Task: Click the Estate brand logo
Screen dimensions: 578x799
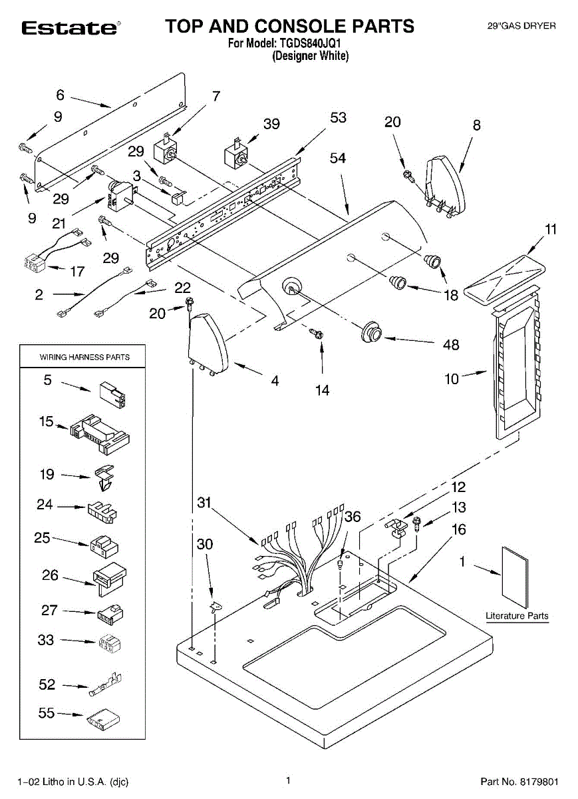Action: pos(71,28)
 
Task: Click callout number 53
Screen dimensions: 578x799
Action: pos(338,117)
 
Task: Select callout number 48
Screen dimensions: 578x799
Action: pos(450,344)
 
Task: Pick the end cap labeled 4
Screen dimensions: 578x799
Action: pos(208,344)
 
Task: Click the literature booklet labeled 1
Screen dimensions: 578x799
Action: pos(515,577)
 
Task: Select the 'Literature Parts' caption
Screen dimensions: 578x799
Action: pos(517,615)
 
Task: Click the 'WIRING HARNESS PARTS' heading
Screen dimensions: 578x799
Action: pos(84,357)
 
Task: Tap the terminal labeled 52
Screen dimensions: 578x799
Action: pos(105,684)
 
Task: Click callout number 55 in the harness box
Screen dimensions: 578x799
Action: pos(47,712)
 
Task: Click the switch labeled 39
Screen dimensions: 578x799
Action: pos(236,153)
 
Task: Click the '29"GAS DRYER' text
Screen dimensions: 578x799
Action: pos(521,26)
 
